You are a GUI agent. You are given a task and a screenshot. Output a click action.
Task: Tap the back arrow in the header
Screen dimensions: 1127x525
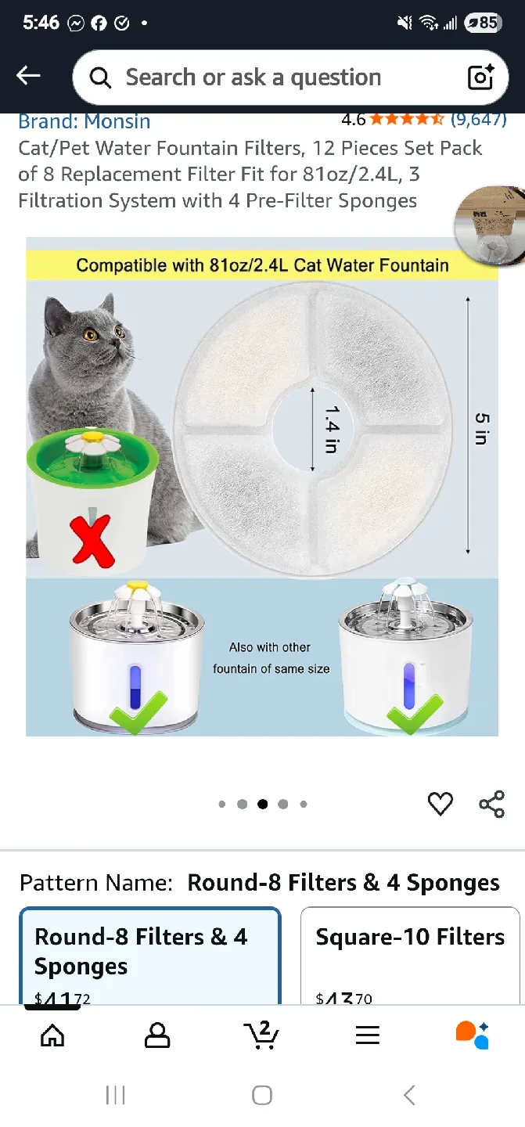pos(28,75)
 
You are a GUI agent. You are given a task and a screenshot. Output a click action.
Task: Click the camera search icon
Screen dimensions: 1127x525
pos(480,77)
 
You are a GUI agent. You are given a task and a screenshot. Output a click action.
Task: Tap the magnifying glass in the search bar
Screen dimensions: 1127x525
pos(100,77)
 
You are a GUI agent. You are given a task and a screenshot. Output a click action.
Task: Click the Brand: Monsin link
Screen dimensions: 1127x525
pos(85,121)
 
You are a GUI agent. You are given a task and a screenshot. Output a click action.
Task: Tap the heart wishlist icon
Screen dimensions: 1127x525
pos(440,804)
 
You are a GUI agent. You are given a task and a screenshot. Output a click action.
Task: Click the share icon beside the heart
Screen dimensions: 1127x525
pos(491,804)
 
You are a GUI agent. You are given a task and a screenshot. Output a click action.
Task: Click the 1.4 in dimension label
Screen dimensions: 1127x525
pos(332,428)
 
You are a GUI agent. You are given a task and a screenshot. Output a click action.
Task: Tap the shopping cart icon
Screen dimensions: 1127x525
pos(261,1035)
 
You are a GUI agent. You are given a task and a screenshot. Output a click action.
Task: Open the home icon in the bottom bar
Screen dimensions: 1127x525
pos(52,1035)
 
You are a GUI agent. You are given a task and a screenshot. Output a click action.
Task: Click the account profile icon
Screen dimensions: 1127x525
pos(157,1035)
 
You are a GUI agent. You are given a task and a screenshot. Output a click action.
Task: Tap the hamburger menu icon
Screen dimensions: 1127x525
pos(367,1035)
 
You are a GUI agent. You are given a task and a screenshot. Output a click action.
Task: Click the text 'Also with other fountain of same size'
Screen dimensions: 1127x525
pos(271,658)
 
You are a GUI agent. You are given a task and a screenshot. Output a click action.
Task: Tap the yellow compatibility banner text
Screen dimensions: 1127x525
pos(262,265)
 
